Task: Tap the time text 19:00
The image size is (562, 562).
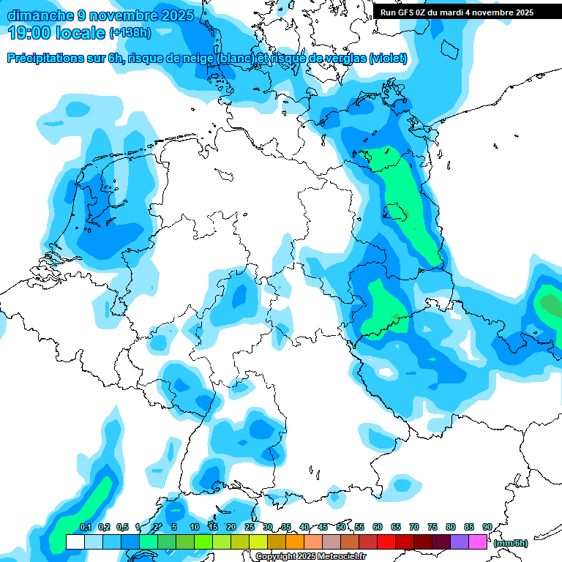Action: coord(31,33)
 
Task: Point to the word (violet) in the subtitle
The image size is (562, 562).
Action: coord(389,59)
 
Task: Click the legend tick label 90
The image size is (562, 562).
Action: coord(487,527)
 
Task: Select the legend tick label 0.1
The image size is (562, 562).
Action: coord(85,527)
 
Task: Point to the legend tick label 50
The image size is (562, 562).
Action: coord(341,527)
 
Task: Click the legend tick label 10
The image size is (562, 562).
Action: coord(194,527)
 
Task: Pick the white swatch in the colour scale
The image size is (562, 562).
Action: coord(75,542)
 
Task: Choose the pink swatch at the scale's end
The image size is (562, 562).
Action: coord(478,542)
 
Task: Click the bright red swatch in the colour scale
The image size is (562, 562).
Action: coord(386,542)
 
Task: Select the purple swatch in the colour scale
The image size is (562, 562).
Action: coord(460,542)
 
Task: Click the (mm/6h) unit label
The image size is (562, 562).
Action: coord(511,543)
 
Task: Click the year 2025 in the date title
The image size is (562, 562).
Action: coord(177,15)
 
